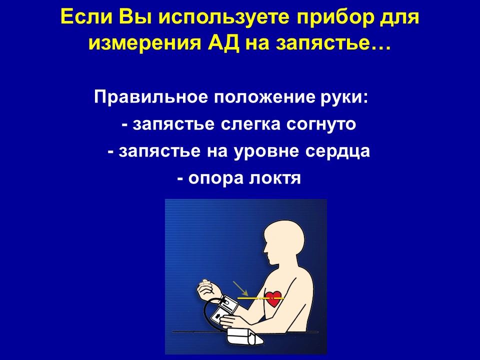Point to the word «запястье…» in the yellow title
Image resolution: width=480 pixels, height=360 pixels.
pyautogui.click(x=333, y=43)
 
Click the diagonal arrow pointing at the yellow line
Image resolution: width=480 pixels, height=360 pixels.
pyautogui.click(x=240, y=288)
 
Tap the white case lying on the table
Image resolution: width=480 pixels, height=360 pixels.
pyautogui.click(x=245, y=336)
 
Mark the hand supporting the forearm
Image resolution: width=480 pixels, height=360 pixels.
pyautogui.click(x=232, y=321)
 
